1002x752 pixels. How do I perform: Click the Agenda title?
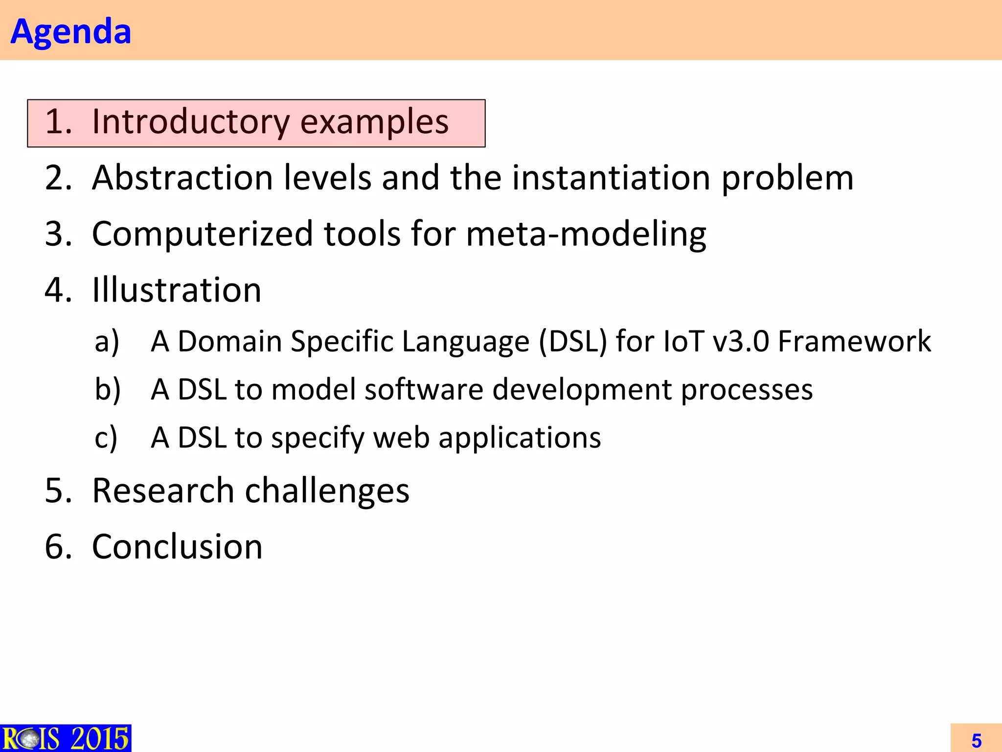point(71,31)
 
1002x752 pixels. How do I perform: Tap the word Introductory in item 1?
point(191,121)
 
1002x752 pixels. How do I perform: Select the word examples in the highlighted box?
point(374,122)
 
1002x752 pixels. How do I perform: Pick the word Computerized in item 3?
point(202,234)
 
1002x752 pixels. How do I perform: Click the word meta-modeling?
point(586,234)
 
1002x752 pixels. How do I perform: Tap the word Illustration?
point(177,290)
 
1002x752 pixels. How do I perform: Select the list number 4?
point(58,290)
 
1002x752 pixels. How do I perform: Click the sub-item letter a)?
point(107,341)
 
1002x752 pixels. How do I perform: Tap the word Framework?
point(854,341)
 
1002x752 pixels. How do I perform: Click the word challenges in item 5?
point(327,491)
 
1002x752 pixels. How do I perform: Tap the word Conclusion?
point(177,546)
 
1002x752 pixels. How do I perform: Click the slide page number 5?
point(976,740)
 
